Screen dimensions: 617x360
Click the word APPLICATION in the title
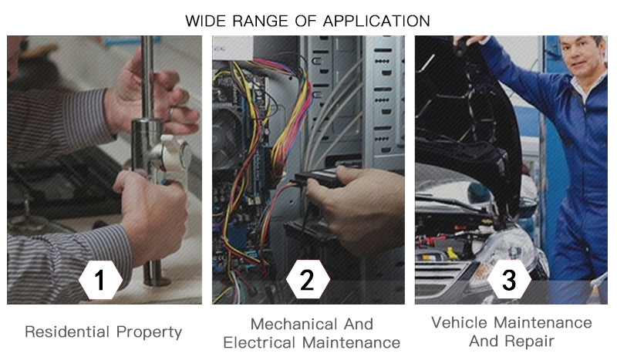coord(376,21)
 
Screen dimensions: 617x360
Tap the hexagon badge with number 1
coord(100,280)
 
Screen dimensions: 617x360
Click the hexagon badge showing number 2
coord(307,280)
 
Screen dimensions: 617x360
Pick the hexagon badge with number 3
coord(509,280)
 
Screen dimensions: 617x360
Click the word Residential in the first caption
coord(67,331)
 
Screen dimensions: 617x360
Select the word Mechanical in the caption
coord(295,325)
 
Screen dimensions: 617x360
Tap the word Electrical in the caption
coord(259,343)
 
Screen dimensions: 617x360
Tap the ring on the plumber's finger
coord(171,113)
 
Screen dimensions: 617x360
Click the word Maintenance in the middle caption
coord(351,343)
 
